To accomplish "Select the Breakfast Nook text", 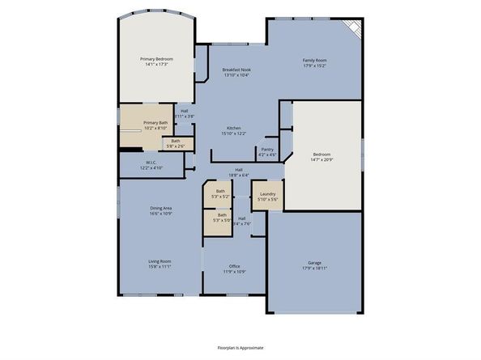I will [x=236, y=70].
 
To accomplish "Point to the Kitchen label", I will [x=234, y=129].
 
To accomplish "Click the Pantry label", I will [x=266, y=149].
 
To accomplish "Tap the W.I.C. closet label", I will [x=151, y=162].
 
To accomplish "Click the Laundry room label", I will [x=268, y=193].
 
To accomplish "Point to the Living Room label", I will [x=159, y=261].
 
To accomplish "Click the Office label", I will [x=234, y=266].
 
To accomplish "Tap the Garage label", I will [x=314, y=262].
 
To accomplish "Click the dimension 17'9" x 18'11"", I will [x=314, y=268].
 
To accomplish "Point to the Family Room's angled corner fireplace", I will [x=353, y=30].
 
